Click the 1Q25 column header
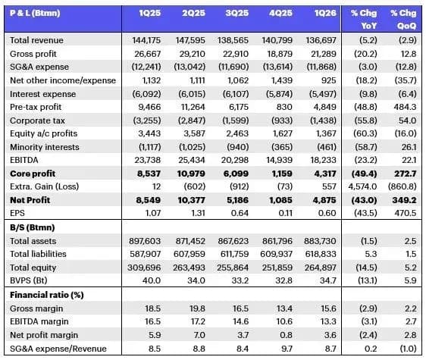coord(149,13)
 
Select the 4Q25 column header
coord(280,13)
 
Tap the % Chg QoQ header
coord(403,19)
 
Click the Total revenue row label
coord(36,40)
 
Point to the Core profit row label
coord(33,174)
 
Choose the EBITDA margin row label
coord(39,321)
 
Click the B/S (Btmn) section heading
coord(33,227)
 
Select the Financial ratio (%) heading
coord(47,295)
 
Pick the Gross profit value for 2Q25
coord(192,54)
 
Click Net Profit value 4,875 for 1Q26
coord(324,200)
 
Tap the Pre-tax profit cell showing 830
coord(284,107)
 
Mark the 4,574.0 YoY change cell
coord(362,186)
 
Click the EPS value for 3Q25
coord(240,213)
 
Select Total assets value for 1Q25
coord(145,241)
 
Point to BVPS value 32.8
coord(284,280)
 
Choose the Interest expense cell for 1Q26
coord(322,94)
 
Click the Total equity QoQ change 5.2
coord(410,268)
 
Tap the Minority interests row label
coord(45,147)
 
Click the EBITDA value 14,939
coord(279,160)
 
